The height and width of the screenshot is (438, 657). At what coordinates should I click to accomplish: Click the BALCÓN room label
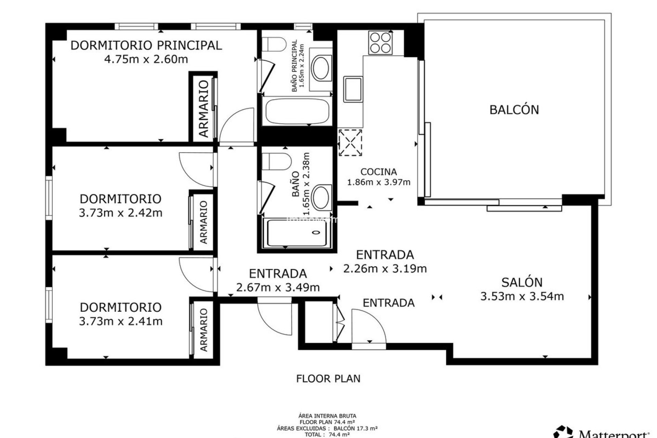(514, 110)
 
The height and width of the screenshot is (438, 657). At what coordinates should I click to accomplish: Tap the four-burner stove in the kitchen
(380, 43)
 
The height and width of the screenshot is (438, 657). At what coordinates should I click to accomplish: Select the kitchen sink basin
(353, 89)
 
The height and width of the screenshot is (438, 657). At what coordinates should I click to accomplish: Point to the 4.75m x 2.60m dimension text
(146, 60)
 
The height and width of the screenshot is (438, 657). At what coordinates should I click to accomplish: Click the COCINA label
(378, 172)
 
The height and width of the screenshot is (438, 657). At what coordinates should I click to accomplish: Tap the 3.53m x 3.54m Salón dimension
(522, 296)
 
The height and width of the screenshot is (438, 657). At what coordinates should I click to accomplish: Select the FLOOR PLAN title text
(328, 379)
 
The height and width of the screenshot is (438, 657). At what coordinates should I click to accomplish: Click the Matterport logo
(602, 432)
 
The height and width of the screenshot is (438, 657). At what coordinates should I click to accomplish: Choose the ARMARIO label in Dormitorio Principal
(204, 109)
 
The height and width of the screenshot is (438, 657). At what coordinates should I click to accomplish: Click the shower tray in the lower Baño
(297, 233)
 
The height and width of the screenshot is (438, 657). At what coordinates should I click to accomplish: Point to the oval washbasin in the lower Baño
(322, 197)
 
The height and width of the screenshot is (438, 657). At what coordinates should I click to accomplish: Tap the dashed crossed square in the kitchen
(350, 142)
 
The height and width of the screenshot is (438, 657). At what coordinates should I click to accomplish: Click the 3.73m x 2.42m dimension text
(120, 213)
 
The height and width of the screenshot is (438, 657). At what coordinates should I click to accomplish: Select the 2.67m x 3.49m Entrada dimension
(278, 287)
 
